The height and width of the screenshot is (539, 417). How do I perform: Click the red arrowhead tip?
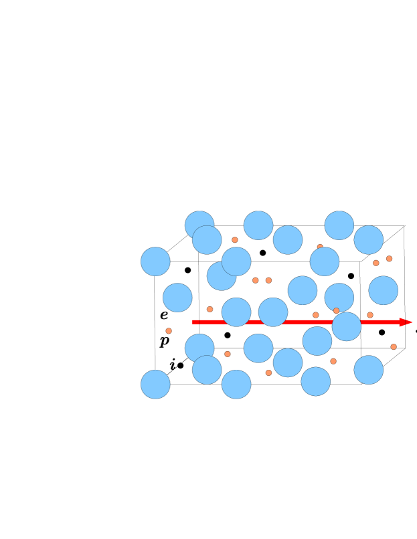click(410, 322)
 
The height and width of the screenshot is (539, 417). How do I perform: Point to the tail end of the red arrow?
click(193, 322)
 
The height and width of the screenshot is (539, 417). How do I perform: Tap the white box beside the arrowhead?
click(414, 323)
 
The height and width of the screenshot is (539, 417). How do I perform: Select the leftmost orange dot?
click(169, 331)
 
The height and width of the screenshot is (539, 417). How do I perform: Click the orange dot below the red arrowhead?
click(394, 346)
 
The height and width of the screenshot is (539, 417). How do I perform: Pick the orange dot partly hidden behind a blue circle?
click(320, 247)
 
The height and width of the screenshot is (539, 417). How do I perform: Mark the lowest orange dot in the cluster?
click(268, 372)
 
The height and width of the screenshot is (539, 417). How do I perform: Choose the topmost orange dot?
click(235, 239)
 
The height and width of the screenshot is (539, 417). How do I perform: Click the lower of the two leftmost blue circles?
click(155, 385)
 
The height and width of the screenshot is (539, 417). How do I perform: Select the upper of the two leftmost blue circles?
click(155, 261)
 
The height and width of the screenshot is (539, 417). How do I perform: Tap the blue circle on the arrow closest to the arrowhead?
click(346, 326)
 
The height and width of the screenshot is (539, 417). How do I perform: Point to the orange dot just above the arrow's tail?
click(210, 309)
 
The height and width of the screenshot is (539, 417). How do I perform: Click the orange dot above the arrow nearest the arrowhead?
click(370, 315)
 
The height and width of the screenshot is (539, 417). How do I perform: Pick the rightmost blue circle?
click(384, 290)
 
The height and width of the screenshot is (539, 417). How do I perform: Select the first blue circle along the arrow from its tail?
click(236, 312)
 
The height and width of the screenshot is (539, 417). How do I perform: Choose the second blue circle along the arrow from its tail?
click(273, 312)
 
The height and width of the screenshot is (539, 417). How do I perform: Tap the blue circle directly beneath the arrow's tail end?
click(199, 348)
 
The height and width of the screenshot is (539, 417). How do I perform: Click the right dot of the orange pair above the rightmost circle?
click(389, 259)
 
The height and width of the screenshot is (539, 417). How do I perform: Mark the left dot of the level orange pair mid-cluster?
click(255, 280)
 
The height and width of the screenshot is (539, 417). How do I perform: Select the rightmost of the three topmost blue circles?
click(339, 225)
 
